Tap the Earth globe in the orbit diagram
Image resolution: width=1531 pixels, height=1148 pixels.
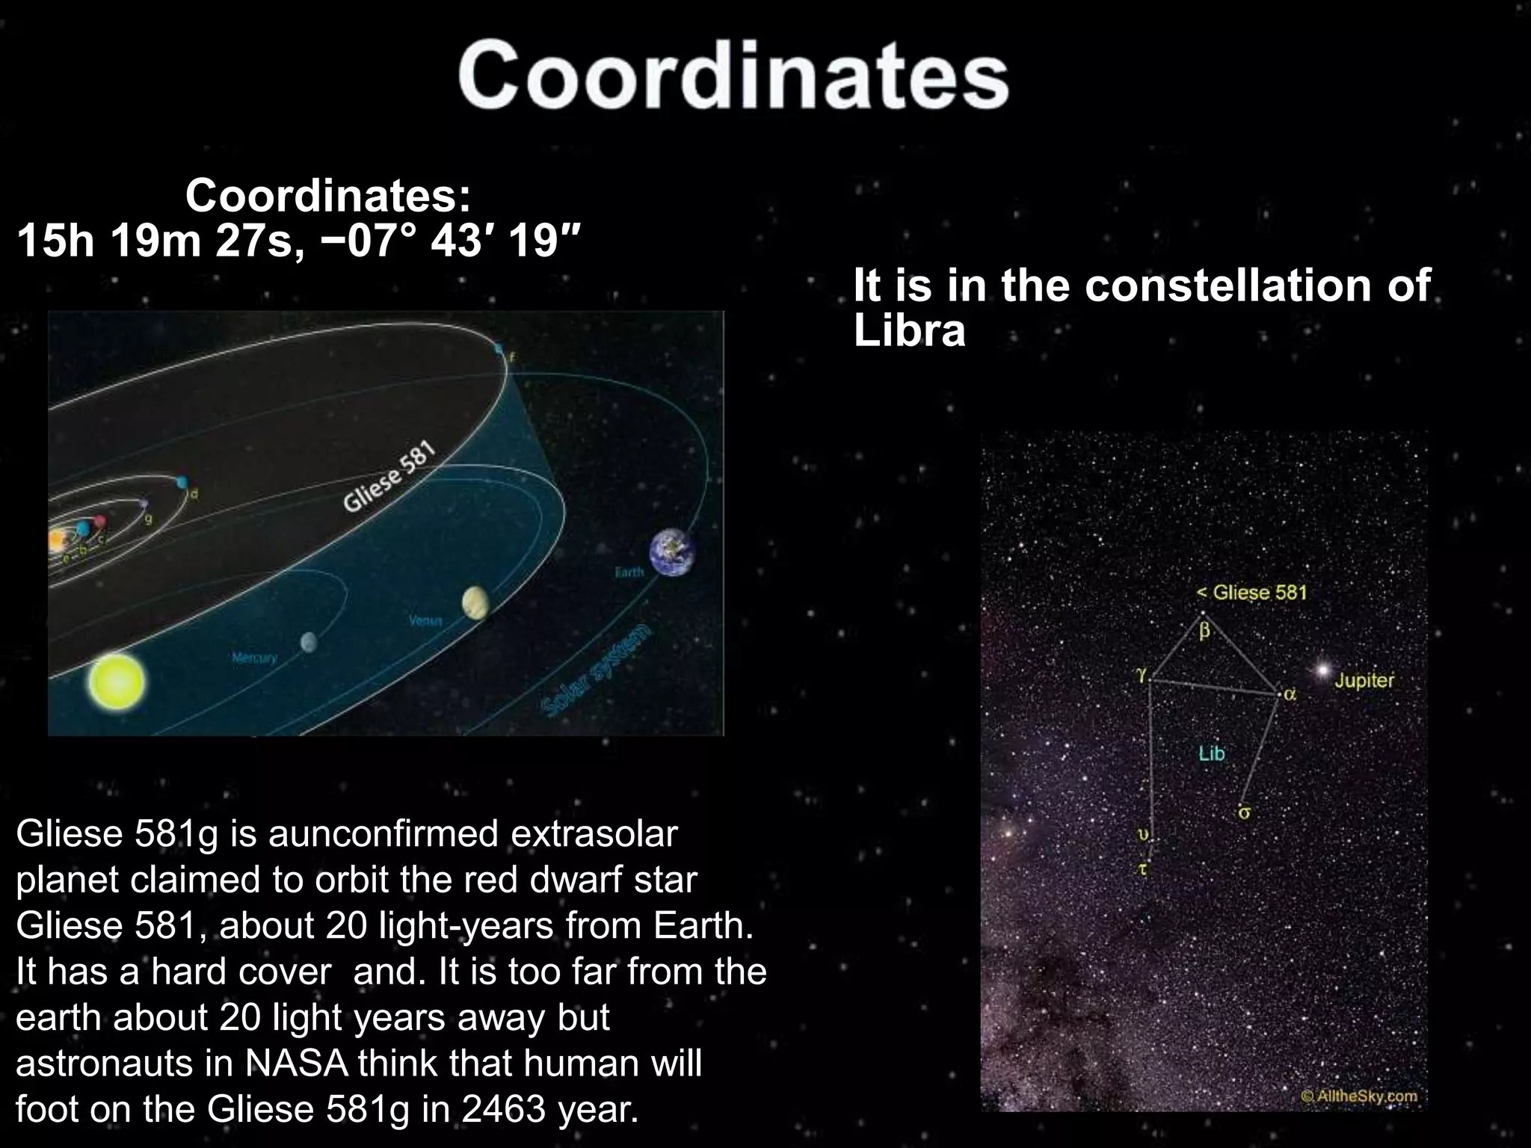pyautogui.click(x=671, y=553)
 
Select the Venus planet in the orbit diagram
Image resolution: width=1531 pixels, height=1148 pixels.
pyautogui.click(x=475, y=603)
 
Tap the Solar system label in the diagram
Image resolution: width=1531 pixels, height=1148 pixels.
pyautogui.click(x=597, y=670)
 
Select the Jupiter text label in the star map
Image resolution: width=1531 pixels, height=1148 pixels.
pyautogui.click(x=1364, y=681)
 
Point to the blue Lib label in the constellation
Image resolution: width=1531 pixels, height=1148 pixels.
pyautogui.click(x=1212, y=753)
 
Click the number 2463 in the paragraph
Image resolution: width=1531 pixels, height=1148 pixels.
pyautogui.click(x=505, y=1110)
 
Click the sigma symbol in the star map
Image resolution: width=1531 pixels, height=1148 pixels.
pyautogui.click(x=1243, y=813)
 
